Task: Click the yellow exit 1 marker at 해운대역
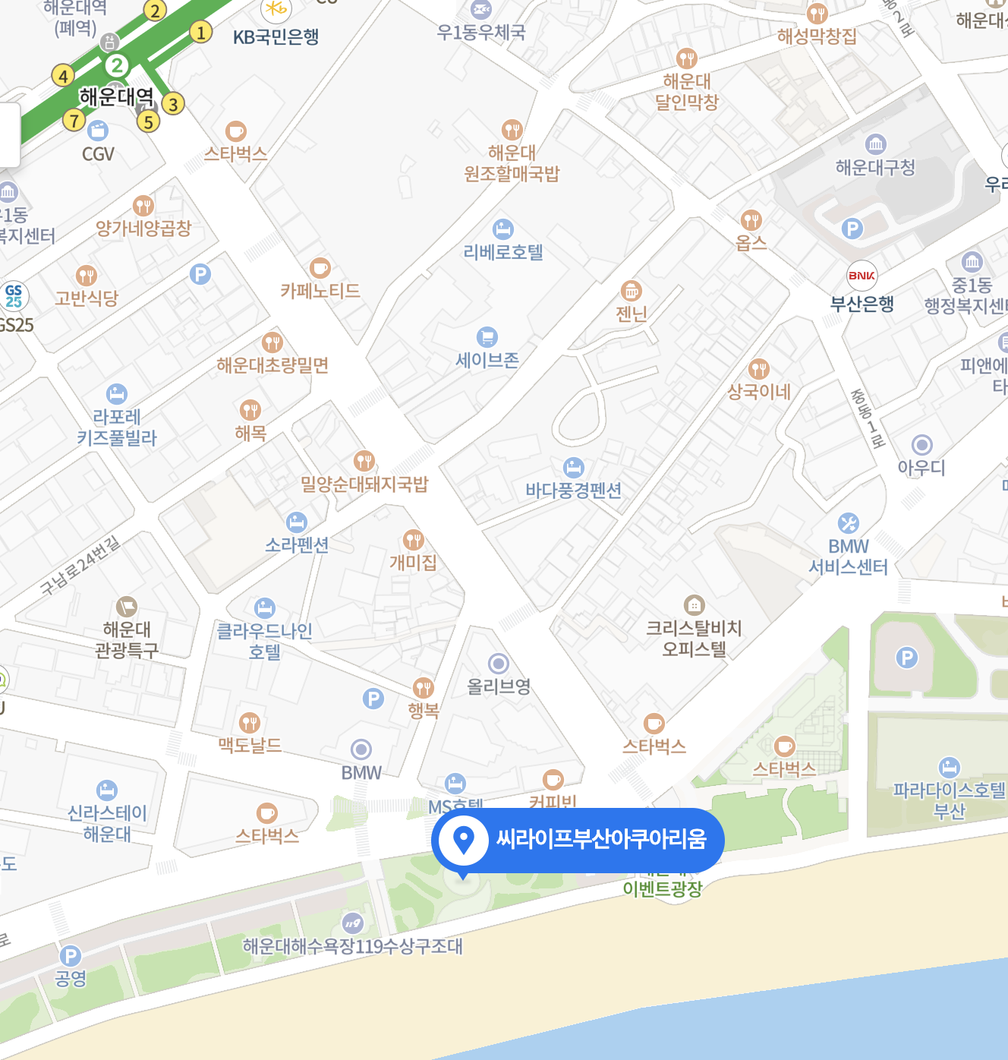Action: (200, 33)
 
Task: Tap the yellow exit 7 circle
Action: (74, 120)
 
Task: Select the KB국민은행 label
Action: (276, 36)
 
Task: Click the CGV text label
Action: (98, 154)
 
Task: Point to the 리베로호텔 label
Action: (503, 252)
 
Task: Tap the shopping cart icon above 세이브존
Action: (487, 336)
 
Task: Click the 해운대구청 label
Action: (875, 167)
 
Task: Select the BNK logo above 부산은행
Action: (862, 276)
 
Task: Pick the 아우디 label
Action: (921, 468)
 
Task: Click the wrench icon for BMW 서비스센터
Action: (848, 523)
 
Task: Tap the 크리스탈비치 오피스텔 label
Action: (694, 638)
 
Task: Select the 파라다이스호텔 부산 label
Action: (949, 800)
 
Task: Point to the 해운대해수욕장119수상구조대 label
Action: (352, 946)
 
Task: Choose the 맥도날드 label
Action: (250, 745)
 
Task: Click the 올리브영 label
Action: (498, 686)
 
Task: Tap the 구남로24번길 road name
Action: (80, 565)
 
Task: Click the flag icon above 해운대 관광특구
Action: (126, 607)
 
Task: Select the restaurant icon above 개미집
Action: (413, 540)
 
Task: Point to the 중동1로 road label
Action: (868, 418)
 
